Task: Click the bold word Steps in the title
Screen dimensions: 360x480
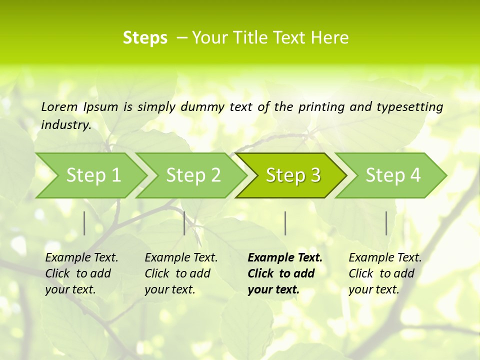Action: pyautogui.click(x=145, y=38)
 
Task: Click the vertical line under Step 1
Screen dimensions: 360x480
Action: pyautogui.click(x=84, y=223)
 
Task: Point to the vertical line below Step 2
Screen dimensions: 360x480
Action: pyautogui.click(x=184, y=223)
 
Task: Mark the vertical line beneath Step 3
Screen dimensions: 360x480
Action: pyautogui.click(x=285, y=223)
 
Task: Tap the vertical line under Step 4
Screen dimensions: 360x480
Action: pyautogui.click(x=386, y=223)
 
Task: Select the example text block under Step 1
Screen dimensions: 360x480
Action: pyautogui.click(x=81, y=273)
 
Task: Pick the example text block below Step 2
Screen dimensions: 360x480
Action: pyautogui.click(x=181, y=273)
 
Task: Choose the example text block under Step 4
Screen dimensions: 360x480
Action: pyautogui.click(x=385, y=273)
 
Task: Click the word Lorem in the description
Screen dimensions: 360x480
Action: pyautogui.click(x=59, y=106)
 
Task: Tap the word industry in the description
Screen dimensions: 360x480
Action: pyautogui.click(x=65, y=125)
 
